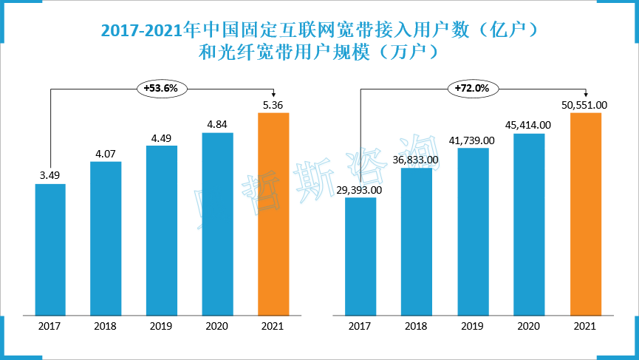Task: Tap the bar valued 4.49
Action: click(x=162, y=229)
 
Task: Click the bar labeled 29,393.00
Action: click(x=360, y=255)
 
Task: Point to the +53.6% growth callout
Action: click(x=162, y=88)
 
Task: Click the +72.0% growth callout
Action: click(x=473, y=88)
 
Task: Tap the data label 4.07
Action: click(x=106, y=154)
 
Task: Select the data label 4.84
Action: click(x=217, y=124)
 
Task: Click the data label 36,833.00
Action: click(x=416, y=159)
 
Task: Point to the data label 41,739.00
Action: click(x=473, y=140)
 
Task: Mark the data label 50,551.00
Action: click(x=584, y=105)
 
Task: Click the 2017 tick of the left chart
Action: click(x=50, y=326)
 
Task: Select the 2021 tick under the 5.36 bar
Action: click(x=273, y=326)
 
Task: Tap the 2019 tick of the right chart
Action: click(x=473, y=326)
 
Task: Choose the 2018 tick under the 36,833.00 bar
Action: click(x=417, y=326)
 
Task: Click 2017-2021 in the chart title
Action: click(x=140, y=31)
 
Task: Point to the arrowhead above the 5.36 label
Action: click(x=273, y=93)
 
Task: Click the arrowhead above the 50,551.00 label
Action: click(x=585, y=93)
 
